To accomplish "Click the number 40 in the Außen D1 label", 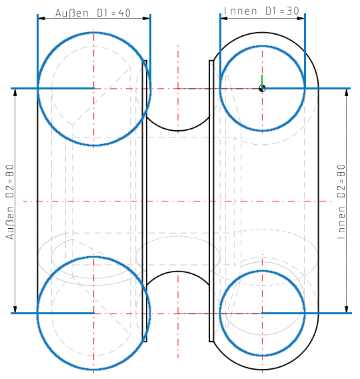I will click(124, 14).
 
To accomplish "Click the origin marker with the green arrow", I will click(263, 87).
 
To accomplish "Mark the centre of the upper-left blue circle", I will click(94, 88).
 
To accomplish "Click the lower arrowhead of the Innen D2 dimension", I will click(347, 308).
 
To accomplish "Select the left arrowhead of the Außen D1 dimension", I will click(41, 18).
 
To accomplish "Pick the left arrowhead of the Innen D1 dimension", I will click(224, 17).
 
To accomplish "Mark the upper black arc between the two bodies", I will click(178, 129).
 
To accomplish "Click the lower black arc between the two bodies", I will click(178, 272).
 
